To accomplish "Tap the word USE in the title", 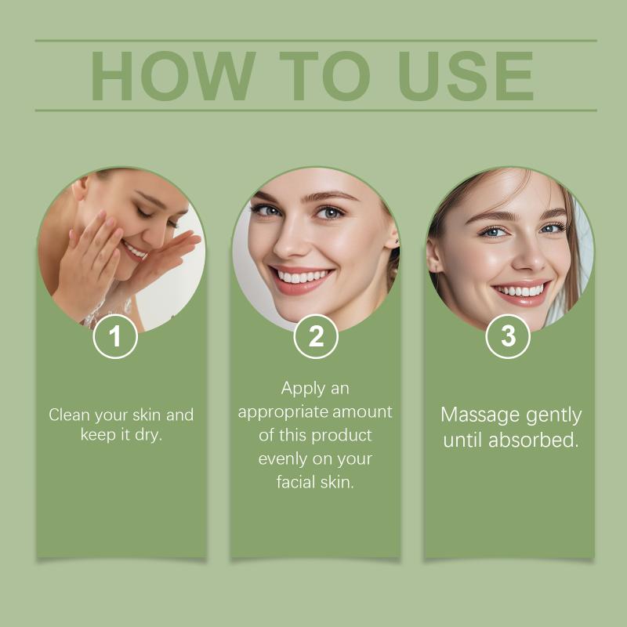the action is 466,75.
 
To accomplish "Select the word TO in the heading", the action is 324,75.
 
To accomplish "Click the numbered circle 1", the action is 115,336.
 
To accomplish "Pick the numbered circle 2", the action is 316,336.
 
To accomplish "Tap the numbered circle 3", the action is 508,336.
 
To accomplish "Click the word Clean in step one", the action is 69,415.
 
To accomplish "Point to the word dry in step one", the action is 148,434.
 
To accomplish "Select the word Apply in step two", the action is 298,389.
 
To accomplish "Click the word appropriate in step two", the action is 283,412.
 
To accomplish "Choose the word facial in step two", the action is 294,481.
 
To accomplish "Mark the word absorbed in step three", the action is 534,440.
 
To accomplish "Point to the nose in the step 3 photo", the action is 528,257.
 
